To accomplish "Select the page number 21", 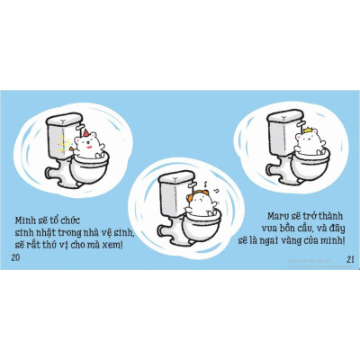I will (350, 259).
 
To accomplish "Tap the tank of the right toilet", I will (284, 127).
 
